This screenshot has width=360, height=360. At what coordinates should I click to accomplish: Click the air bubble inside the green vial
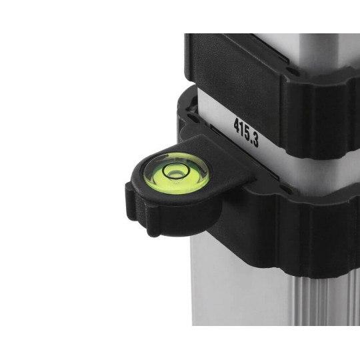[176, 174]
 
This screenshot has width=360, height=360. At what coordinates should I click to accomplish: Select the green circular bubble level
[176, 173]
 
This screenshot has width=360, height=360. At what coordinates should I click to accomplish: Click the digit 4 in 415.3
[237, 126]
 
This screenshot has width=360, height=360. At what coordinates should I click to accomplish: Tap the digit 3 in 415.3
[256, 140]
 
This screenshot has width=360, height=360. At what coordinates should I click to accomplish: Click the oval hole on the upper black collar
[293, 72]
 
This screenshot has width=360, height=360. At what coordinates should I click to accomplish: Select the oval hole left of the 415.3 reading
[193, 118]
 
